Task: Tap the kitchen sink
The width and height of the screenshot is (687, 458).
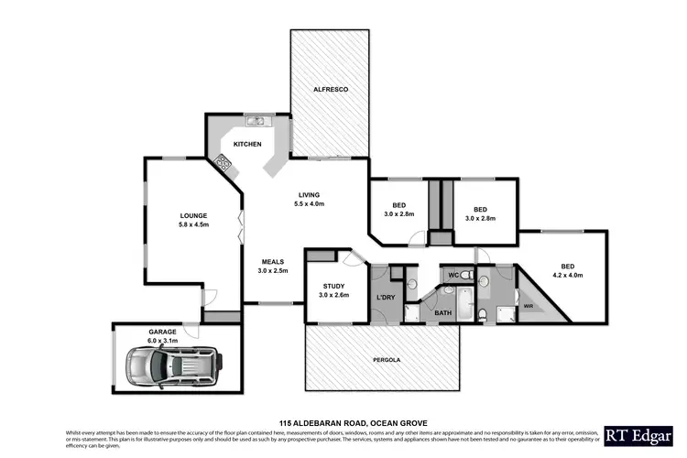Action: [x=252, y=120]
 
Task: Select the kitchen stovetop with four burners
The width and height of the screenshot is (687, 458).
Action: [x=222, y=165]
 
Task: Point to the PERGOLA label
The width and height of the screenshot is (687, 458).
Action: [x=380, y=360]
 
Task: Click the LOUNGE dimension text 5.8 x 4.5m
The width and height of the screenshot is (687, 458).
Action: [x=194, y=224]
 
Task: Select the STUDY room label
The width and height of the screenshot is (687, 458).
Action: [x=333, y=286]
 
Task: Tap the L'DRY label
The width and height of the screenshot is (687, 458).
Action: [x=386, y=298]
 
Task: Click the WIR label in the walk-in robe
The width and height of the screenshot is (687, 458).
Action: [x=528, y=306]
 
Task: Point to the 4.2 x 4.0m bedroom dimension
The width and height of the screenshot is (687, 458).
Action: [x=568, y=274]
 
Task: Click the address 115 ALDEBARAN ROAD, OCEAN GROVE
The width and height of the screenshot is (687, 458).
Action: [x=343, y=422]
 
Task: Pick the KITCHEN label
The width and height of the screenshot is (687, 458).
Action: [x=247, y=145]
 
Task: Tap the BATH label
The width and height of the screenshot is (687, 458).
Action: [x=443, y=313]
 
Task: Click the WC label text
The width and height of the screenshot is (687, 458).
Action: [x=452, y=275]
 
